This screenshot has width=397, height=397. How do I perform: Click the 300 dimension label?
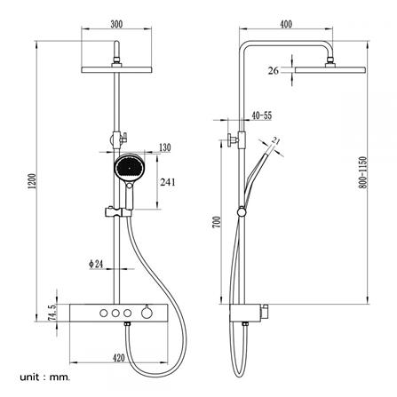point(116,24)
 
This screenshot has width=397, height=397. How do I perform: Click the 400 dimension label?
point(286,24)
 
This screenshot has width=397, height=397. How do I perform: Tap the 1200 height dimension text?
point(33,181)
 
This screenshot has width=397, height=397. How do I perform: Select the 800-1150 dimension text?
point(363,172)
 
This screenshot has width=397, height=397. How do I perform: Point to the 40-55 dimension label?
point(262,115)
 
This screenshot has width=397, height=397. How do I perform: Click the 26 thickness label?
point(274,71)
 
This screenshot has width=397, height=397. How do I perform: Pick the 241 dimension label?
point(168,182)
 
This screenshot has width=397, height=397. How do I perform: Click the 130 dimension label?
point(165,147)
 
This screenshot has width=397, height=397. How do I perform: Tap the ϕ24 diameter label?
point(96,264)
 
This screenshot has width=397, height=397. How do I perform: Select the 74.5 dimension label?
point(52,313)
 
